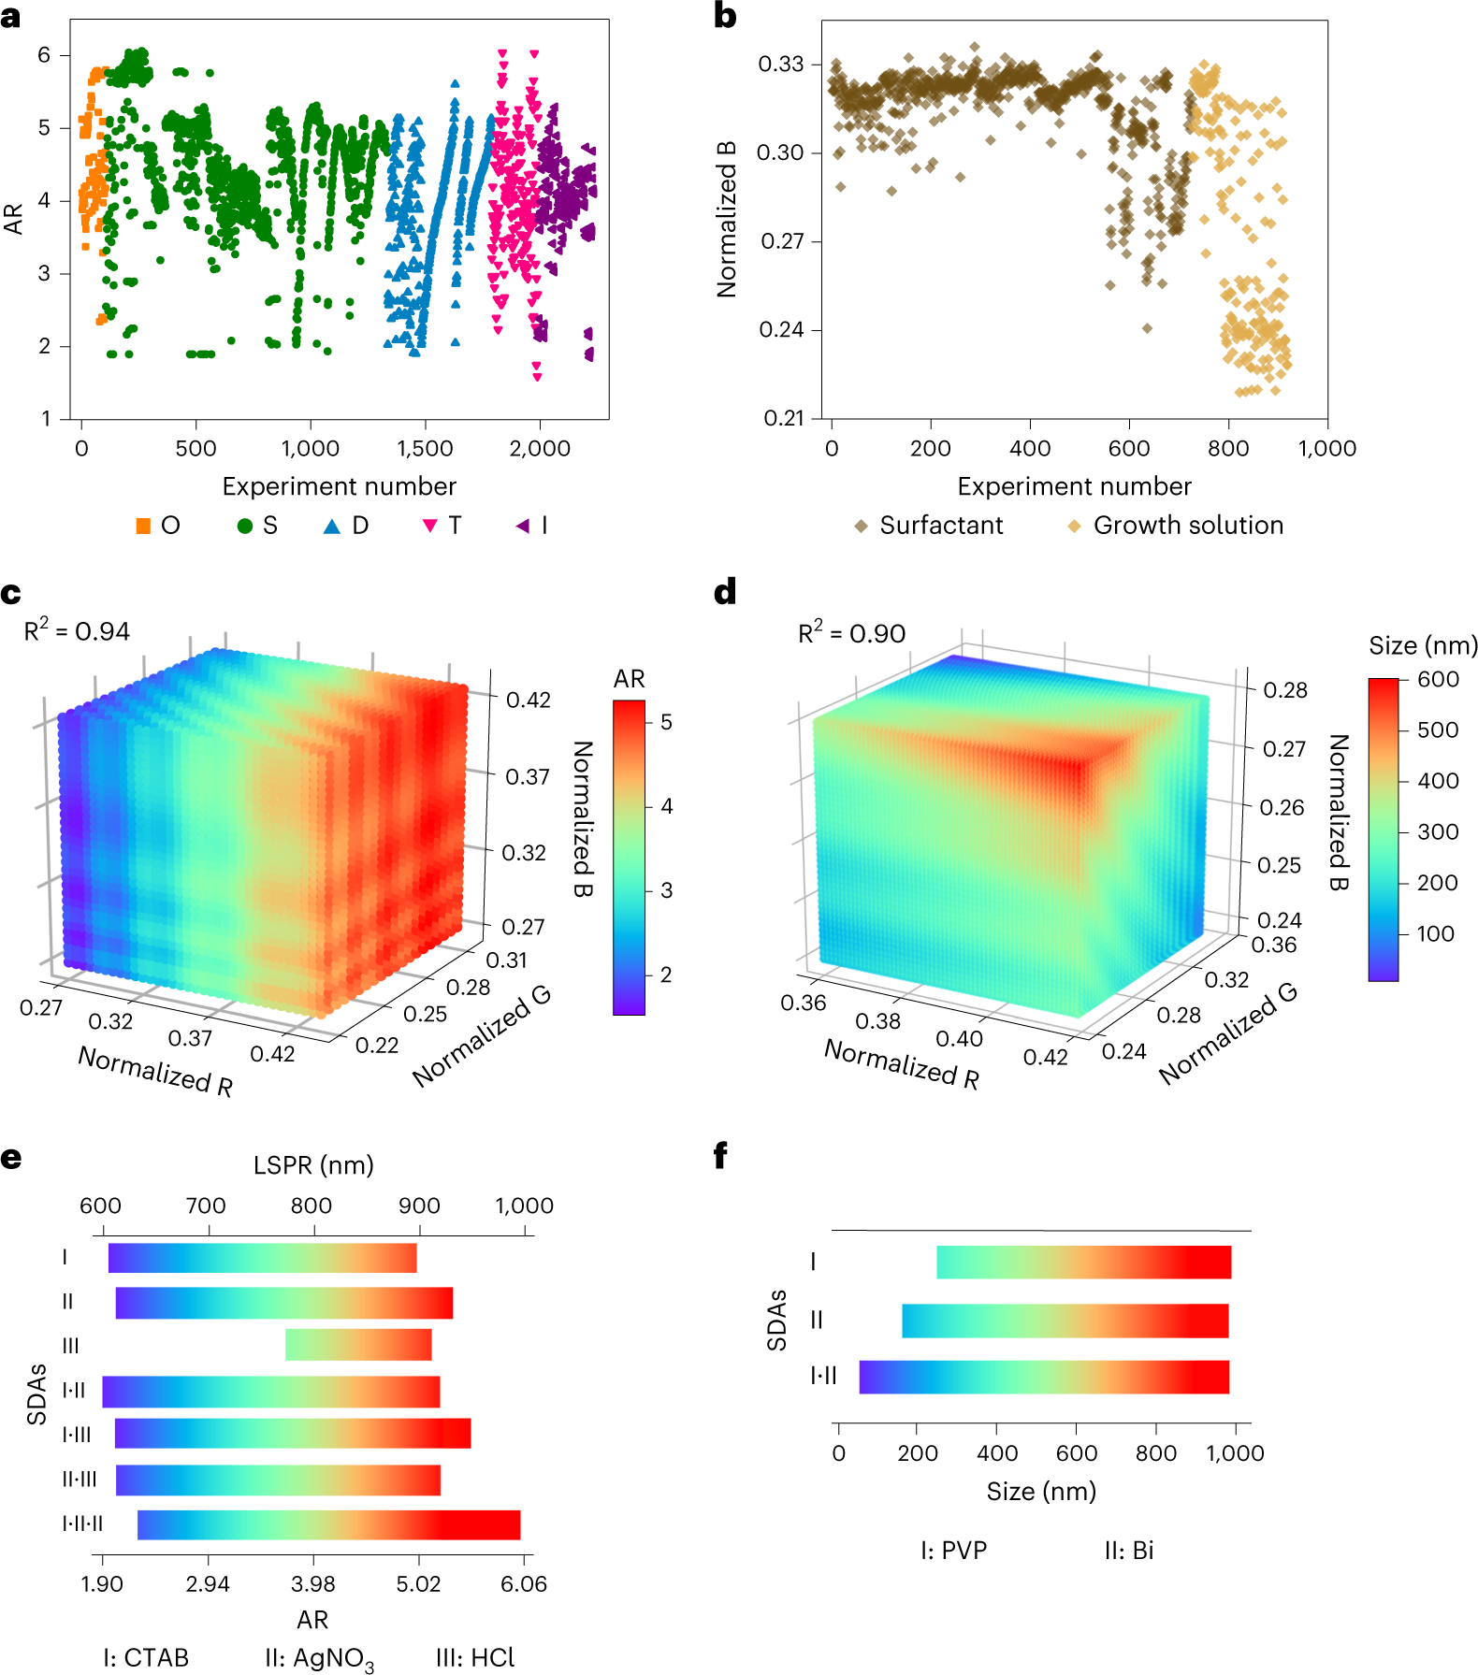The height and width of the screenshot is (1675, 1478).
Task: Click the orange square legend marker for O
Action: (x=143, y=526)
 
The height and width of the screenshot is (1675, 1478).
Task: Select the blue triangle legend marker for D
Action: (x=332, y=526)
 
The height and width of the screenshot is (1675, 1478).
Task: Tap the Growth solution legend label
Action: (x=1188, y=526)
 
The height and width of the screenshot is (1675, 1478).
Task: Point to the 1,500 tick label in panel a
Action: (x=425, y=449)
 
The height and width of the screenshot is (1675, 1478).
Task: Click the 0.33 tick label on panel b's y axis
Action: (x=781, y=65)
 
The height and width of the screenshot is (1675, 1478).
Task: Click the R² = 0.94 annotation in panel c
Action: (x=77, y=631)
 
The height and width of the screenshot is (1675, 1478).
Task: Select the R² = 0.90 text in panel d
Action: (x=851, y=633)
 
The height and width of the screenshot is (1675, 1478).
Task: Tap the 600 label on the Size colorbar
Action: (x=1438, y=680)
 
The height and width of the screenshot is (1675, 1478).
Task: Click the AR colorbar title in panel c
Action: (x=629, y=678)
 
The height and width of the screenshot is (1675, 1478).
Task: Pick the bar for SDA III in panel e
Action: (x=358, y=1345)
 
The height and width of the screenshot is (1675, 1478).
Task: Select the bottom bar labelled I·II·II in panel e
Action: (x=328, y=1524)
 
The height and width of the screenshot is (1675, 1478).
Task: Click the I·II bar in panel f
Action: (x=1044, y=1377)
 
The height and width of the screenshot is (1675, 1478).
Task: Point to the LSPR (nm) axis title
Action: (x=313, y=1165)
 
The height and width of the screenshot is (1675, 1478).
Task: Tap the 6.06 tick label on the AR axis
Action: (x=524, y=1584)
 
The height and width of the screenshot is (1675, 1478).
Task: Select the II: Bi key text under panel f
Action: (x=1128, y=1551)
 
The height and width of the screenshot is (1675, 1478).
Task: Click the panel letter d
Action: (x=725, y=592)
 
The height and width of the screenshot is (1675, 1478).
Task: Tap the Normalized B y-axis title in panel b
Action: (x=727, y=220)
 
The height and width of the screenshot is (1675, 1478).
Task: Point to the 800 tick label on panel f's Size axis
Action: (x=1155, y=1453)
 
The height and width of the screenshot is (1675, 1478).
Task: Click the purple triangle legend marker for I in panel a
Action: (x=522, y=526)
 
